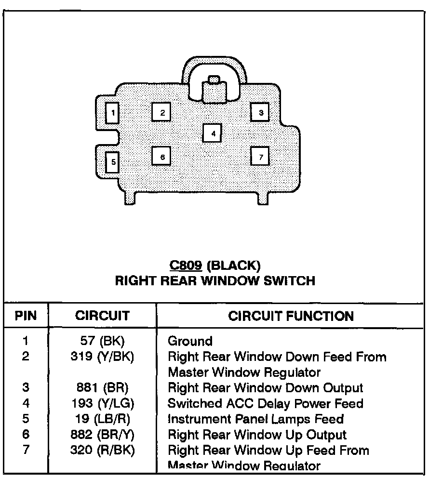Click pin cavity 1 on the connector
[x=112, y=114]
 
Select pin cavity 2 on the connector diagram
[x=162, y=113]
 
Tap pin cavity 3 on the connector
[x=260, y=113]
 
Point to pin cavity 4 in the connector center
[x=212, y=133]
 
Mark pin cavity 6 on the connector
[x=162, y=157]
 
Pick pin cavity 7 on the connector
[x=260, y=157]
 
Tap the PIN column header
[x=26, y=316]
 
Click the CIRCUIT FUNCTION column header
[x=291, y=316]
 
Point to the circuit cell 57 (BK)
[x=102, y=341]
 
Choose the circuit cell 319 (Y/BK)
[x=102, y=357]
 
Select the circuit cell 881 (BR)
[x=102, y=388]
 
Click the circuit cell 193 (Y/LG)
[x=102, y=404]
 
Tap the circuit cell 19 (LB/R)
[x=102, y=419]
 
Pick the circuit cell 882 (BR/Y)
[x=102, y=435]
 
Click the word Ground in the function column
[x=190, y=341]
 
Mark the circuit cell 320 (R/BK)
[x=102, y=451]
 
